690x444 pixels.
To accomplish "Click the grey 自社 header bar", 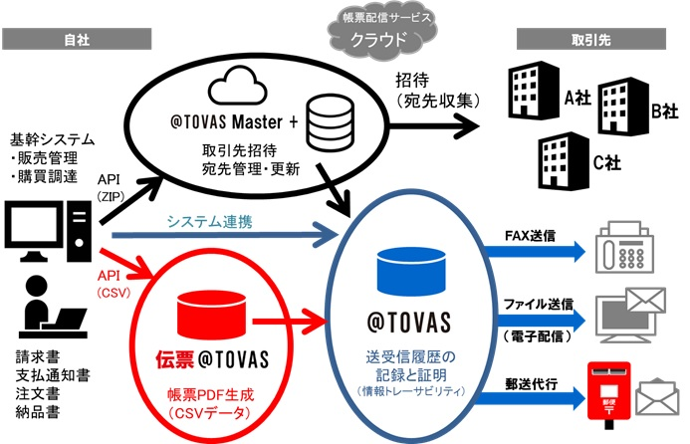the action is coord(77,39).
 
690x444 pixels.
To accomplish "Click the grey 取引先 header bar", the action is coord(591,39).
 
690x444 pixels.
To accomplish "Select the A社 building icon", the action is coord(534,91).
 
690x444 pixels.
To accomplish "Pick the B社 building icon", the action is coord(623,107).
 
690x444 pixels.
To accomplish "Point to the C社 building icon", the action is coord(564,161).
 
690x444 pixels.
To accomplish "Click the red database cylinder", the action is coord(211,314).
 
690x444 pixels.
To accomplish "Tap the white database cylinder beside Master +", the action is coord(330,122).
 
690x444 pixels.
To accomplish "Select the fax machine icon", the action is coord(624,247).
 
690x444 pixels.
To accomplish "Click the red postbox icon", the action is coord(609,394).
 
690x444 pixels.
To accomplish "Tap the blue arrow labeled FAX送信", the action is coord(535,252).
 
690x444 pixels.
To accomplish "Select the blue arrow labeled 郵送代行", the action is coord(531,398).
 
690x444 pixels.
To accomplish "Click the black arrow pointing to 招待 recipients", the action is coord(433,126).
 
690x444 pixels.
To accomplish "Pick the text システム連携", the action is coord(209,221).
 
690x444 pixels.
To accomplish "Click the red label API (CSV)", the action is coord(114,284).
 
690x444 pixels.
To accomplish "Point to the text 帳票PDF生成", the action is coord(211,394).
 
